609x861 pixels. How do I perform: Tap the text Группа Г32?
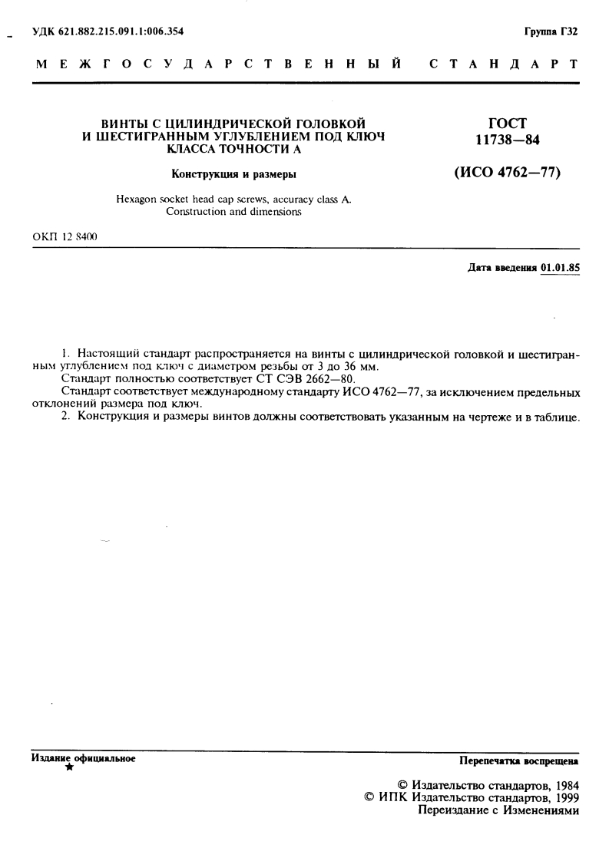tap(551, 31)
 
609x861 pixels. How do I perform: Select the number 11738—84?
tap(508, 138)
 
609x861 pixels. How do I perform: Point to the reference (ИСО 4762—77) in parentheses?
tap(508, 173)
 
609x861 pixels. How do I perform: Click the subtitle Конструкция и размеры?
tap(233, 173)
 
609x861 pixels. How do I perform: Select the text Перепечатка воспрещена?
tap(518, 761)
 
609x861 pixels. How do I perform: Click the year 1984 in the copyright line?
tap(564, 786)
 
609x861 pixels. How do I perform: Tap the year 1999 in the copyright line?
tap(564, 798)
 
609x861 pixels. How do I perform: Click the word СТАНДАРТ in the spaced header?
tap(503, 64)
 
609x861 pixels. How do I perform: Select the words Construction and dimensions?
tap(233, 211)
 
